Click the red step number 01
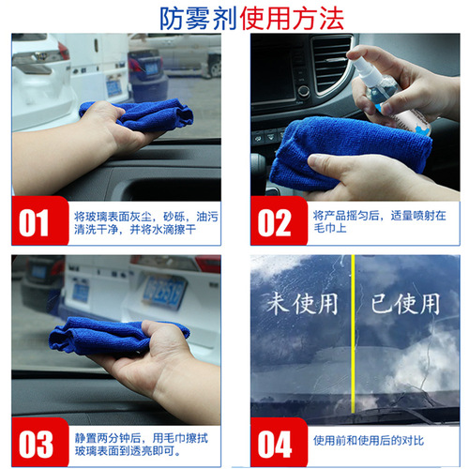[x=34, y=223]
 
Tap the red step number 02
[x=275, y=223]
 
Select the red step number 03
[x=35, y=443]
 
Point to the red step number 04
[x=275, y=443]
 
